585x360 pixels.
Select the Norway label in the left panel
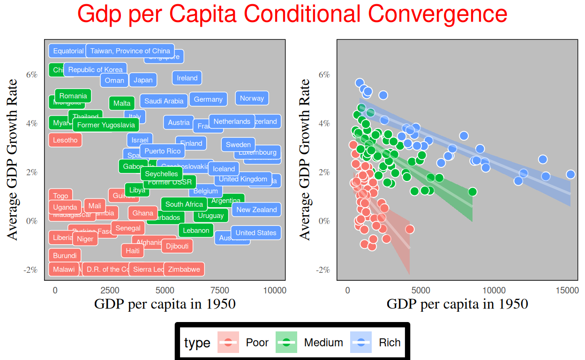pyautogui.click(x=252, y=98)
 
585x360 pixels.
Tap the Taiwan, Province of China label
pyautogui.click(x=130, y=51)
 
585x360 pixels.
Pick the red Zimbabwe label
pyautogui.click(x=184, y=270)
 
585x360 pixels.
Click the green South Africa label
pyautogui.click(x=184, y=204)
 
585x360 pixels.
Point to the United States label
pyautogui.click(x=255, y=233)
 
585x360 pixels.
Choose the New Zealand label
pyautogui.click(x=256, y=210)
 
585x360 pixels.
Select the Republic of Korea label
pyautogui.click(x=95, y=70)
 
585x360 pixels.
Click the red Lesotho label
pyautogui.click(x=65, y=140)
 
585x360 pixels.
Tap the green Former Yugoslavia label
pyautogui.click(x=106, y=125)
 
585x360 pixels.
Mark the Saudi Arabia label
pyautogui.click(x=164, y=101)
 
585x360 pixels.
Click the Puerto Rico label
pyautogui.click(x=162, y=151)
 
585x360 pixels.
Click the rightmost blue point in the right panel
pyautogui.click(x=570, y=174)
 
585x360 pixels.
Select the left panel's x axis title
pyautogui.click(x=165, y=304)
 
